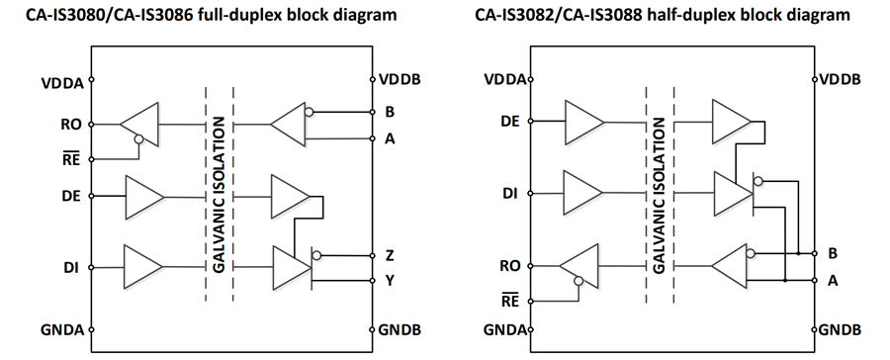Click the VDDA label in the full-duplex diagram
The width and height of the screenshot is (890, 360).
pos(62,83)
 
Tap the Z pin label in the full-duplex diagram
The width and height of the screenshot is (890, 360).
pos(390,255)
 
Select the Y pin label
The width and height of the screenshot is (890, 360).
pos(390,281)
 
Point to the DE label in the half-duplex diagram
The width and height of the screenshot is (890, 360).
pos(510,121)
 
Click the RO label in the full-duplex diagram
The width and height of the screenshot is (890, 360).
pos(70,125)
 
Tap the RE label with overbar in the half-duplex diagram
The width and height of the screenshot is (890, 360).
pos(510,301)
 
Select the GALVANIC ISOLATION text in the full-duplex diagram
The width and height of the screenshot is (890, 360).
pos(220,195)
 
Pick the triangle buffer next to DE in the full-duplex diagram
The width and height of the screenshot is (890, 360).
pos(144,197)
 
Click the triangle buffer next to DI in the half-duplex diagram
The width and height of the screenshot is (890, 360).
pos(582,193)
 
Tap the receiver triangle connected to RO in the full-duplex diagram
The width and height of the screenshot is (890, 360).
pos(139,125)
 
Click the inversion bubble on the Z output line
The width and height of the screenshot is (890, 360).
pos(316,255)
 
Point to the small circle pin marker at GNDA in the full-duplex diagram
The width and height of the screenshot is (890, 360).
pos(91,329)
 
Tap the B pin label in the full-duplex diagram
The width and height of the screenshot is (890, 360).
pos(390,112)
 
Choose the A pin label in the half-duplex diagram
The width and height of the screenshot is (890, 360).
pos(832,281)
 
